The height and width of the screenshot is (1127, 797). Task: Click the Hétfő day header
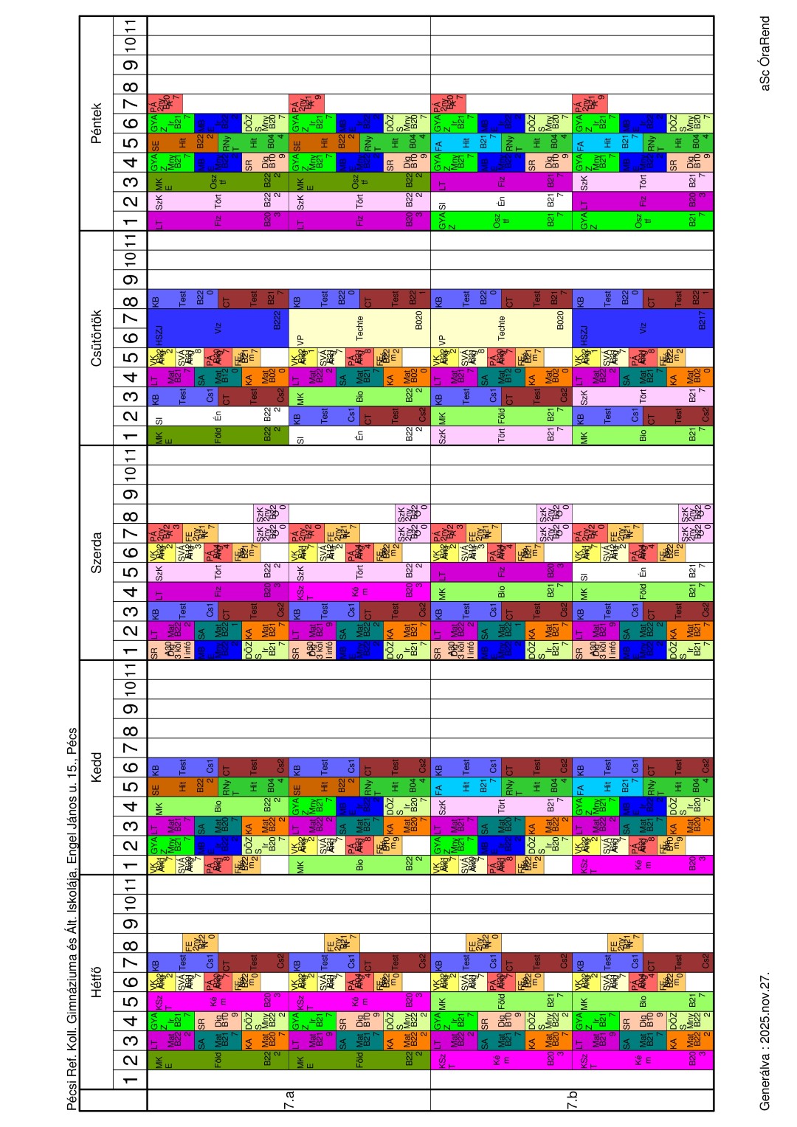pos(96,981)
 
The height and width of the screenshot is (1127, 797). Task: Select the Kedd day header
pos(96,767)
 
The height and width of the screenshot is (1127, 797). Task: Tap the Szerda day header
pos(96,552)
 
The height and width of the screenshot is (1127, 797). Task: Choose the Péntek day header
pos(96,123)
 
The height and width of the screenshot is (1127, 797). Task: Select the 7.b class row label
pos(572,1098)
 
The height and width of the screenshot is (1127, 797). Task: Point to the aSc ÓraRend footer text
pos(765,53)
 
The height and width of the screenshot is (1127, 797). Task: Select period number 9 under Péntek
pos(131,65)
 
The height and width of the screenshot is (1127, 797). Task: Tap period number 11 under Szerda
pos(131,454)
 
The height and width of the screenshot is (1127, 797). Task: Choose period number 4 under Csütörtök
pos(131,377)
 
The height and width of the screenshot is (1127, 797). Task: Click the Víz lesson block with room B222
pos(218,328)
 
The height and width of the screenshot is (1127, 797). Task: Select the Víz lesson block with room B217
pos(643,328)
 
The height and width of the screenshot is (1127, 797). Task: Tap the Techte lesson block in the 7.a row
pos(359,328)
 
